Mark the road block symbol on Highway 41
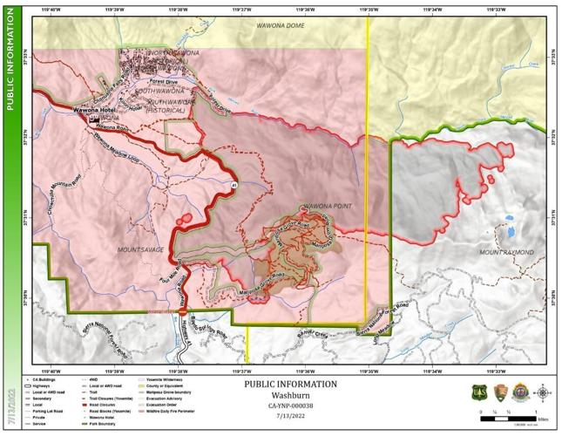pos(182,309)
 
